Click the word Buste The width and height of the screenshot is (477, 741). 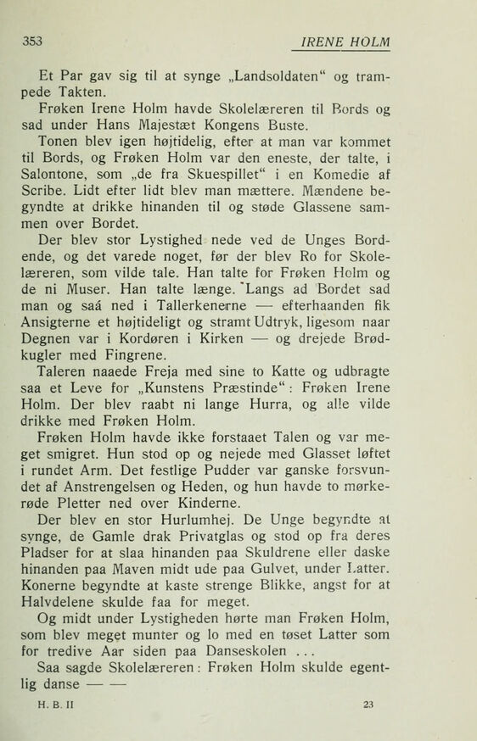tap(300, 128)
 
